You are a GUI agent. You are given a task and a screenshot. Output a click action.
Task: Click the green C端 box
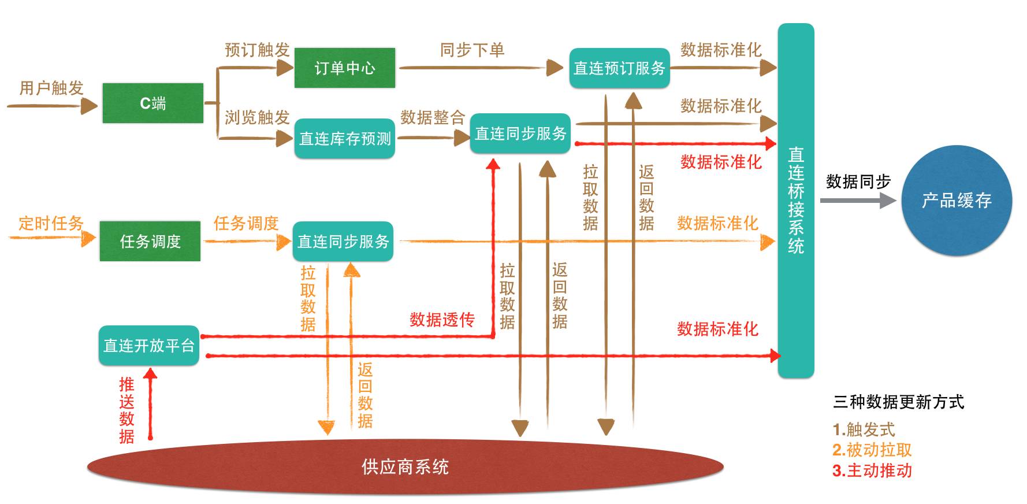(152, 103)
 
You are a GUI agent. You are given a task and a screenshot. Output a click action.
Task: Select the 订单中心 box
(345, 68)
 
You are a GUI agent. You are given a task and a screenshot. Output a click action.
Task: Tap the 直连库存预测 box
(345, 139)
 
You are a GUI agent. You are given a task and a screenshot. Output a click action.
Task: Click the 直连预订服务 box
(619, 68)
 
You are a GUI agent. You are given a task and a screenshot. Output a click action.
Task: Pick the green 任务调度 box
(150, 241)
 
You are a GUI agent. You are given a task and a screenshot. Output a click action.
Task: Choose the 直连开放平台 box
(149, 346)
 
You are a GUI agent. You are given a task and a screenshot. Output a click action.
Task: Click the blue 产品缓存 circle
(957, 201)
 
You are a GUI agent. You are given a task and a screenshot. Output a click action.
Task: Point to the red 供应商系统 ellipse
(405, 466)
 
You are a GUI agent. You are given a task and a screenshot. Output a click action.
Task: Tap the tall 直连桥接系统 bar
(796, 201)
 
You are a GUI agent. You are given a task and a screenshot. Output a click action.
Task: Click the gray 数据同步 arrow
(858, 201)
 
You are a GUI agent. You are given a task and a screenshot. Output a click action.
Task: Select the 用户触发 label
(51, 88)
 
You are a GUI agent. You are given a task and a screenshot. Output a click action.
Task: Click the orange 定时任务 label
(51, 223)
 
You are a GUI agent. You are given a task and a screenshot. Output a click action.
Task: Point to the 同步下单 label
(472, 50)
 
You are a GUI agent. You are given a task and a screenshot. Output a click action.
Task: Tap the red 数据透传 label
(442, 320)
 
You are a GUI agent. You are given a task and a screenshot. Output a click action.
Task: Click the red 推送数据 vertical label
(126, 410)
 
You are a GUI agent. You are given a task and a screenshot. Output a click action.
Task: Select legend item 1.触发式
(864, 429)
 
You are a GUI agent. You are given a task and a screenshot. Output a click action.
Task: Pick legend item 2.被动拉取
(872, 450)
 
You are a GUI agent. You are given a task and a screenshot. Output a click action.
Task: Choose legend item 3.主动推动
(872, 470)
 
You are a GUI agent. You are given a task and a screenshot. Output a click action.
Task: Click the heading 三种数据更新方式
(898, 402)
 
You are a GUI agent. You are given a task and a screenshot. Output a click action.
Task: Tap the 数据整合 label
(433, 118)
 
